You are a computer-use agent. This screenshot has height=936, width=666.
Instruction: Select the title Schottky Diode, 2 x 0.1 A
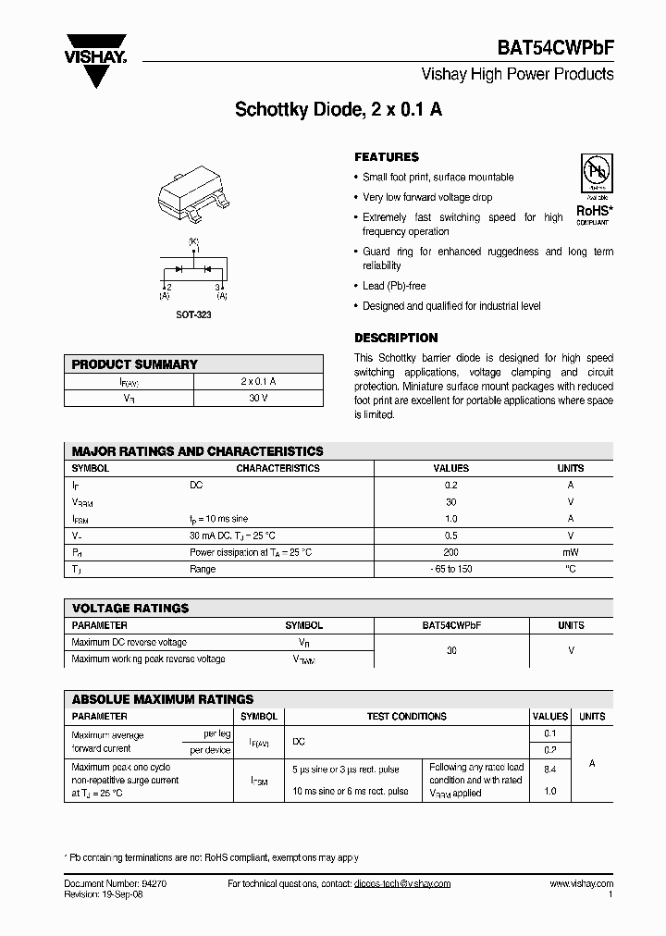coord(339,109)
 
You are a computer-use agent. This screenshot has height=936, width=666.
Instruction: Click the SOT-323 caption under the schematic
coord(193,314)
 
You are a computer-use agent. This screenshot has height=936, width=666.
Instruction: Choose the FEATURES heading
coord(387,157)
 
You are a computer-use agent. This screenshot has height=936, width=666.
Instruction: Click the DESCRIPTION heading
coord(396,338)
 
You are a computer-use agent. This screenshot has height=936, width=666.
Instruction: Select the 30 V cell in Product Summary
coord(258,398)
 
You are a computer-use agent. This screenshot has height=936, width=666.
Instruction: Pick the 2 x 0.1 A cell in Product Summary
coord(258,381)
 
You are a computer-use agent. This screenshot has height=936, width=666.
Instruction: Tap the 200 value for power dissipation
coord(451,552)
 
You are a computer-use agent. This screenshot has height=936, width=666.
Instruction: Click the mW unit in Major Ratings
coord(571,552)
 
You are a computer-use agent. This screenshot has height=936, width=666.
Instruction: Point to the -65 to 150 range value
coord(451,569)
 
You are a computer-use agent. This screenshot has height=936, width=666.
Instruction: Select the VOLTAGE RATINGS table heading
coord(130,608)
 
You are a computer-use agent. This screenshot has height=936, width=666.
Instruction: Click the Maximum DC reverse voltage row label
coord(129,642)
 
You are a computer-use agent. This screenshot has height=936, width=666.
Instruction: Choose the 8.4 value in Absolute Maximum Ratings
coord(550,769)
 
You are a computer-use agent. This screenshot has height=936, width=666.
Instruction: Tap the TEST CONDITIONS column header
coord(406,716)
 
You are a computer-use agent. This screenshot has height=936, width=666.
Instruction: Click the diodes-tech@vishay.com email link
coord(402,884)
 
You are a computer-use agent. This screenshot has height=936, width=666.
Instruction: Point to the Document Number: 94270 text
coord(116,884)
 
